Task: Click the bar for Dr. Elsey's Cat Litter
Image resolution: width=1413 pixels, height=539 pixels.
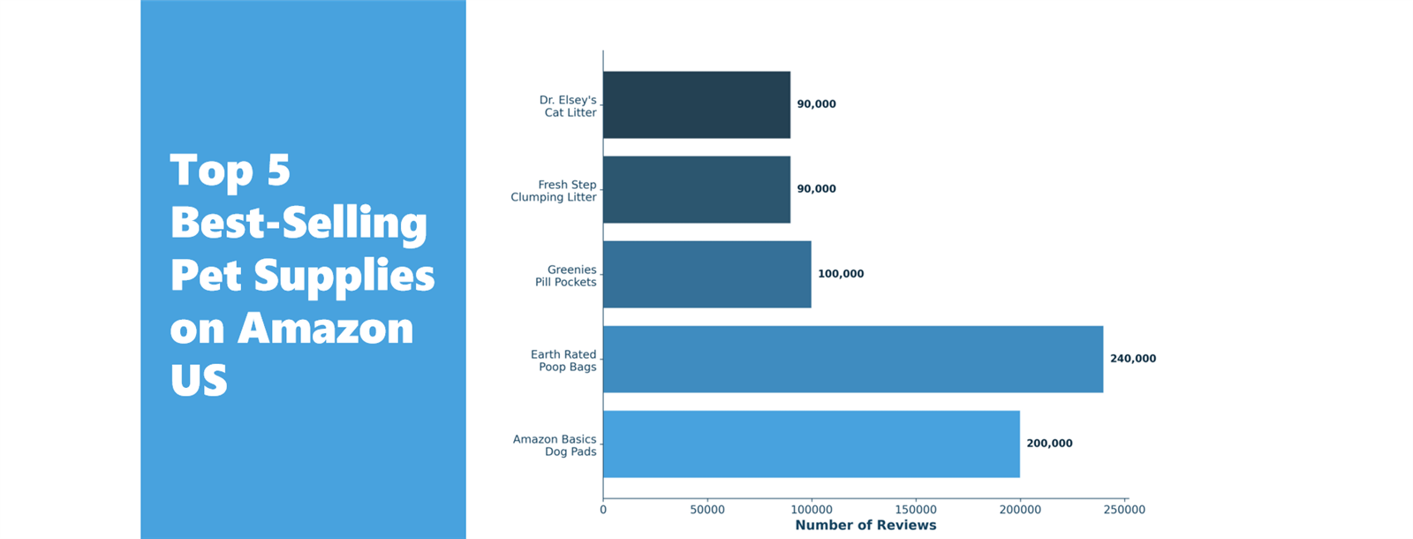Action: pyautogui.click(x=696, y=104)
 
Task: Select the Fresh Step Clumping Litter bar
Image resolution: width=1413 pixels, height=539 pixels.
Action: pyautogui.click(x=696, y=189)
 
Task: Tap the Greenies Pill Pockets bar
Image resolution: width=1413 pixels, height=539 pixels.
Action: pyautogui.click(x=706, y=274)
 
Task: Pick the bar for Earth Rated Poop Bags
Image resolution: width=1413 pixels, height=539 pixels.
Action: pyautogui.click(x=852, y=359)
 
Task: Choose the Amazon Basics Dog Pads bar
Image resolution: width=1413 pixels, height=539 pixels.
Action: pyautogui.click(x=811, y=444)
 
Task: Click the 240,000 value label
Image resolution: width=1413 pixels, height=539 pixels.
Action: pyautogui.click(x=1132, y=359)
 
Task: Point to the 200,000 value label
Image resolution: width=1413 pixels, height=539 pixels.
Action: pyautogui.click(x=1049, y=444)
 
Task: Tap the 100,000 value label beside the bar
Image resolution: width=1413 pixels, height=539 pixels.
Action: pyautogui.click(x=841, y=274)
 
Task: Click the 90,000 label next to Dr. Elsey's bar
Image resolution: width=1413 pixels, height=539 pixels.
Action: pyautogui.click(x=816, y=104)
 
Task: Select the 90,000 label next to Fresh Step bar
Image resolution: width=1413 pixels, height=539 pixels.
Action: pyautogui.click(x=816, y=189)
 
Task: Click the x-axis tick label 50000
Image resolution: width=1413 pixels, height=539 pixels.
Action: pyautogui.click(x=706, y=510)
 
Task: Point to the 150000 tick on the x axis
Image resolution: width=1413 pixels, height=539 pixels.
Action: pyautogui.click(x=915, y=510)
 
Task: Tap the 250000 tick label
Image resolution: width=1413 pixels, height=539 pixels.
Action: pyautogui.click(x=1123, y=510)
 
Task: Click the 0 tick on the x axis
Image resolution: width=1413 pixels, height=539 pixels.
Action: pyautogui.click(x=603, y=510)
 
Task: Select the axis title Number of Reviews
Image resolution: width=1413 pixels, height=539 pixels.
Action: pyautogui.click(x=865, y=526)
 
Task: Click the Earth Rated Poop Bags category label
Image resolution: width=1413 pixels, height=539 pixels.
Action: pyautogui.click(x=563, y=361)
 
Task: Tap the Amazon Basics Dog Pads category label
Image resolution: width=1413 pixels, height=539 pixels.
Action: pyautogui.click(x=555, y=445)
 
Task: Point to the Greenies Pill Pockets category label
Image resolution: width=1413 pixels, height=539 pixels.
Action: pyautogui.click(x=565, y=276)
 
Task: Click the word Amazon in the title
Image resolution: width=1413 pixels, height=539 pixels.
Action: pyautogui.click(x=325, y=329)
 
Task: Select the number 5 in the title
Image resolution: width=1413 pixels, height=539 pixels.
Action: pyautogui.click(x=278, y=170)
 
